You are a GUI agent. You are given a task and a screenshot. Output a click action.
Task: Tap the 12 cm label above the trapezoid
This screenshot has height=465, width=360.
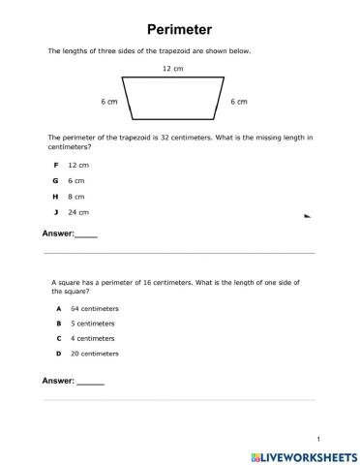(x=173, y=69)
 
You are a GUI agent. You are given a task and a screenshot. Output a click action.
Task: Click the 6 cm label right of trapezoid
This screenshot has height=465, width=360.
(x=239, y=102)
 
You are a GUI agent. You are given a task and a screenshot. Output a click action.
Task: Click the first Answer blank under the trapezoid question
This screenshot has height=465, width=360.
(x=86, y=235)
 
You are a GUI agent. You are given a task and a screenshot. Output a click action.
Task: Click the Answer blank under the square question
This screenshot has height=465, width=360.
(x=90, y=381)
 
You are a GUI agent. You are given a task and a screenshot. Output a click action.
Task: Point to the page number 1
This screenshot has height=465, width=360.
(x=316, y=438)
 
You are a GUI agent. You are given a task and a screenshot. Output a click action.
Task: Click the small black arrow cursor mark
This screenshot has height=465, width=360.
(x=307, y=218)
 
